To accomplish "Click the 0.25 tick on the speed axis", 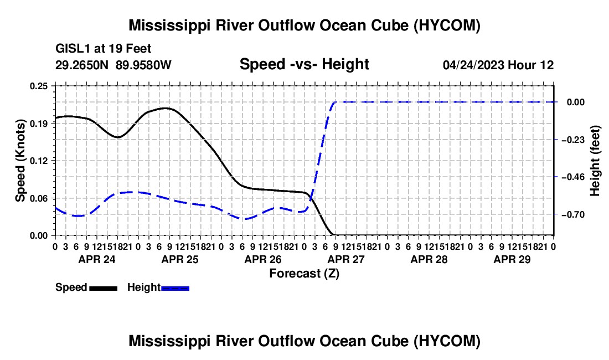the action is tap(38, 86).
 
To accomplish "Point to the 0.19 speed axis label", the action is tap(38, 124).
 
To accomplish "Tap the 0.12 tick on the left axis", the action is tap(38, 161).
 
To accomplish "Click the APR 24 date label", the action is tap(97, 259).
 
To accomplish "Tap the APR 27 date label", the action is tap(346, 259).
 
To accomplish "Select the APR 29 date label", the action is tap(512, 259).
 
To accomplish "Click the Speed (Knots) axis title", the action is tap(20, 161).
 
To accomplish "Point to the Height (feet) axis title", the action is tap(595, 161).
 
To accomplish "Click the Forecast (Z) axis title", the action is tap(304, 274).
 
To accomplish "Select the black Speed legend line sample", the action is tap(104, 289).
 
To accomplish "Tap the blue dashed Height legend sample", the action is tap(175, 289).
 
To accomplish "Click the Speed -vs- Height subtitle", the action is tap(304, 64).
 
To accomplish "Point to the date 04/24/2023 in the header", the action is tap(473, 65).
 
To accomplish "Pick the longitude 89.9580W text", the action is tap(143, 65).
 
